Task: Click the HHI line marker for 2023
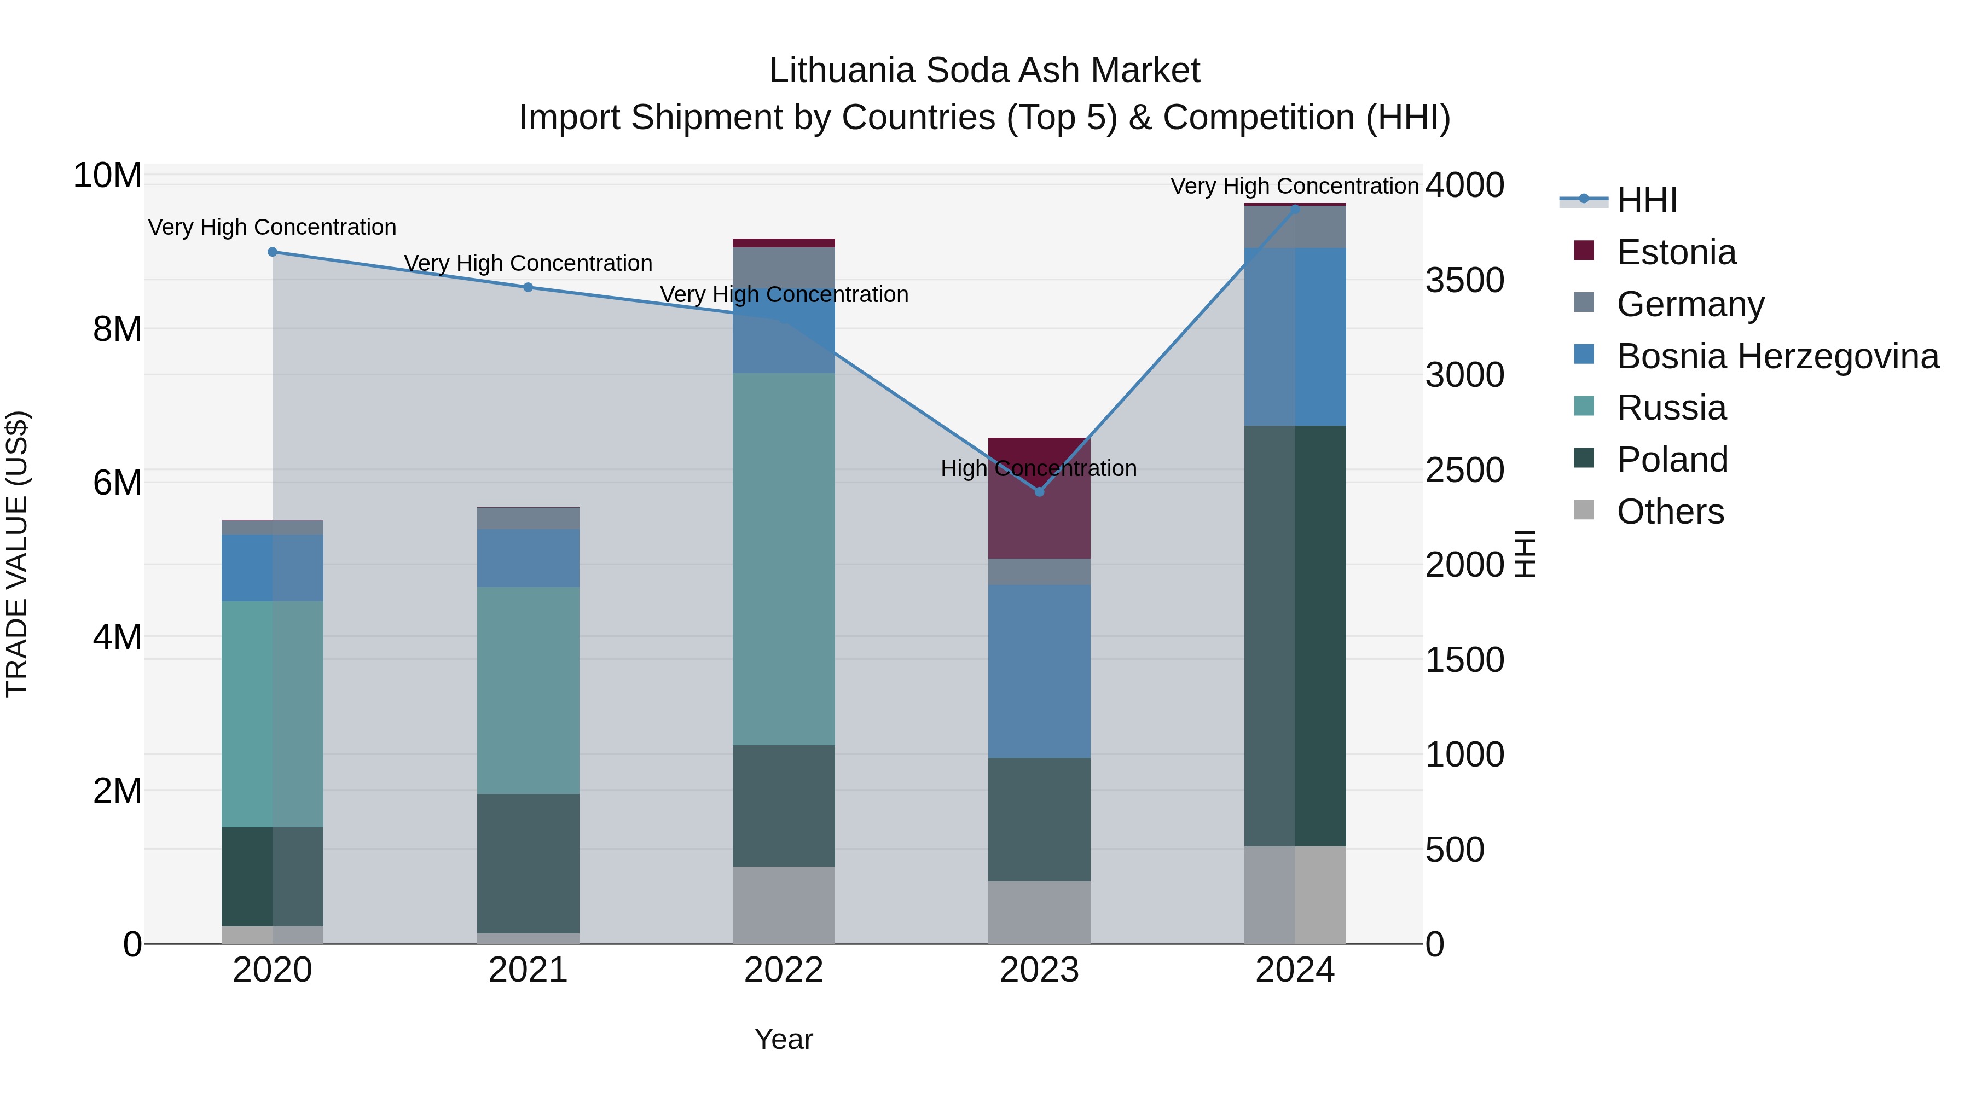[1039, 492]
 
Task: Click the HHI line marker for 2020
[273, 252]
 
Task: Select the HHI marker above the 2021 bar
[528, 287]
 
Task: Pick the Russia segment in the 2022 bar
[783, 558]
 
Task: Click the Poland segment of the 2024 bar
[1295, 635]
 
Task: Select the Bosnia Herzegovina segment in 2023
[1039, 671]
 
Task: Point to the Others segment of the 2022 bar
[783, 904]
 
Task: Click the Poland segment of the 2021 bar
[528, 862]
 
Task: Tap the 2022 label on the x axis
[783, 970]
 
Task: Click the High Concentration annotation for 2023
[1039, 468]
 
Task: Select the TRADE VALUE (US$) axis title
[18, 554]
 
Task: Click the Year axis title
[783, 1039]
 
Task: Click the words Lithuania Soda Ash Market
[984, 71]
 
